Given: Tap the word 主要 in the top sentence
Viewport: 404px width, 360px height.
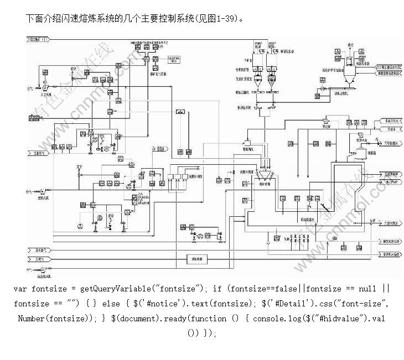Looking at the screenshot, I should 154,18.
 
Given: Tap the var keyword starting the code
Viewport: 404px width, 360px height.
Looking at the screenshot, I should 20,289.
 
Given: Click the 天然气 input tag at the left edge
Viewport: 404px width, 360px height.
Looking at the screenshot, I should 38,258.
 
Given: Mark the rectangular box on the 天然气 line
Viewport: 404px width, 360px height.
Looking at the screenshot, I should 197,258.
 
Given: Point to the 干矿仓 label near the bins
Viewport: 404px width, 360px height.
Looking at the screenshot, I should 248,61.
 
